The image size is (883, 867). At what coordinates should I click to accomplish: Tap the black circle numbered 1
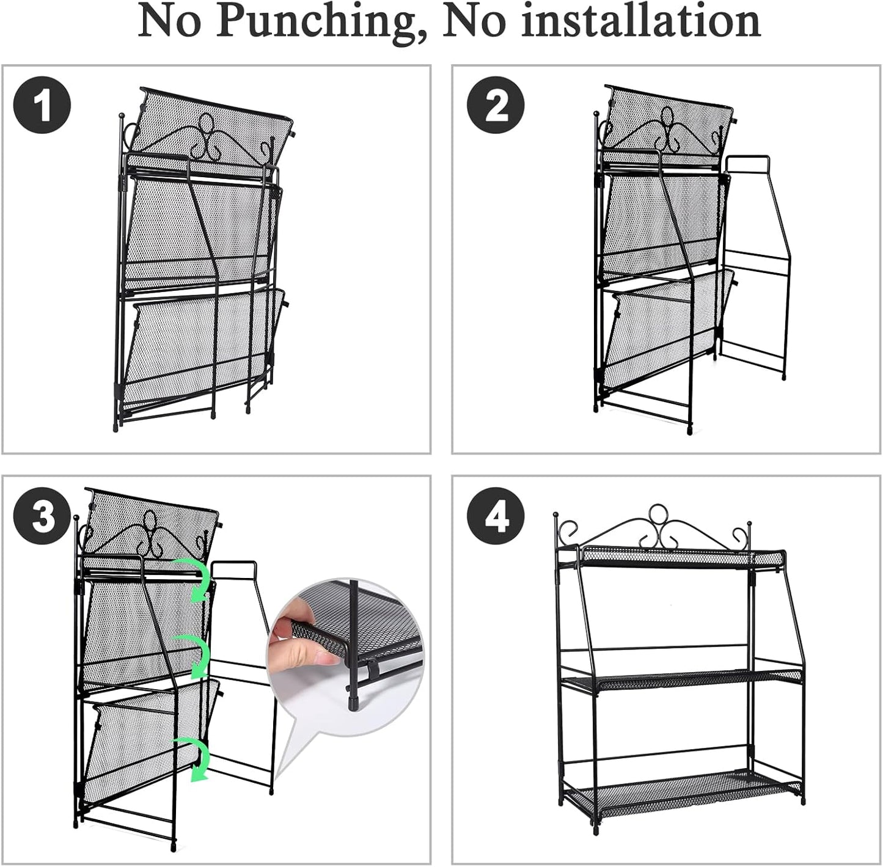pyautogui.click(x=42, y=105)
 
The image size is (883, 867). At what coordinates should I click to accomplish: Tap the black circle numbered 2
pyautogui.click(x=496, y=105)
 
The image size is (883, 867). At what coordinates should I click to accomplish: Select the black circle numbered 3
pyautogui.click(x=42, y=516)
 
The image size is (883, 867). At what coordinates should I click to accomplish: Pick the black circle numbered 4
pyautogui.click(x=496, y=516)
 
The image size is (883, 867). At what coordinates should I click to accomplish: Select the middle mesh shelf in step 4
pyautogui.click(x=682, y=681)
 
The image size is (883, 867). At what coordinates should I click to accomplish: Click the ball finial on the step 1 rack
pyautogui.click(x=122, y=115)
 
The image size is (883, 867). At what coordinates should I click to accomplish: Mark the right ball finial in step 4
pyautogui.click(x=750, y=523)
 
